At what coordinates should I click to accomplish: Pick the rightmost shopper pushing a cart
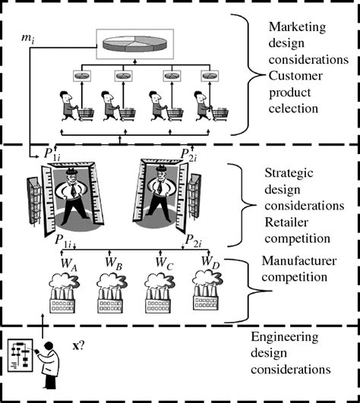point(210,107)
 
